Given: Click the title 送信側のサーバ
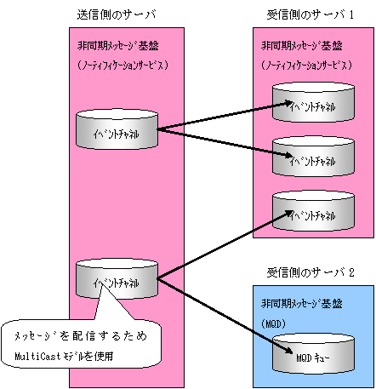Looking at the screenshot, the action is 117,14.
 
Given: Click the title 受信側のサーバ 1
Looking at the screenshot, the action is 310,14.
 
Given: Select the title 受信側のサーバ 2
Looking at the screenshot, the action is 310,272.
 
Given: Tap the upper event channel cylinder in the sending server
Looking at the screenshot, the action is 117,129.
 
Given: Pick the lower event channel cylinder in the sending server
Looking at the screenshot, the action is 117,278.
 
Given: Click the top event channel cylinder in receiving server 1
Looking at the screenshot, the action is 313,102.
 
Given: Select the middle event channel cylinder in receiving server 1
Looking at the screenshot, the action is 313,157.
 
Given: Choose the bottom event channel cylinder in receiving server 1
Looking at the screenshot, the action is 313,210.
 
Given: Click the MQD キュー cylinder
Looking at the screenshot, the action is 313,354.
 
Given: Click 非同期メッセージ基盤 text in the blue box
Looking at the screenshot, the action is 302,304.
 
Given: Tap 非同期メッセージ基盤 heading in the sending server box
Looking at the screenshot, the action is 117,46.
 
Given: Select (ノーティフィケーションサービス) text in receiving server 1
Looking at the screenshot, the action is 306,66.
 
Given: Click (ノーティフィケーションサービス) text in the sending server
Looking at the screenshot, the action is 122,66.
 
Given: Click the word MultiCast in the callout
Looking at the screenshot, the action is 37,356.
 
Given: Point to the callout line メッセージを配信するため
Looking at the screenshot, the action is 81,336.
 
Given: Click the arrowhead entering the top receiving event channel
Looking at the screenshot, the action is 288,103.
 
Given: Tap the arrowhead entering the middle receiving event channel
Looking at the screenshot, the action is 288,155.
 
